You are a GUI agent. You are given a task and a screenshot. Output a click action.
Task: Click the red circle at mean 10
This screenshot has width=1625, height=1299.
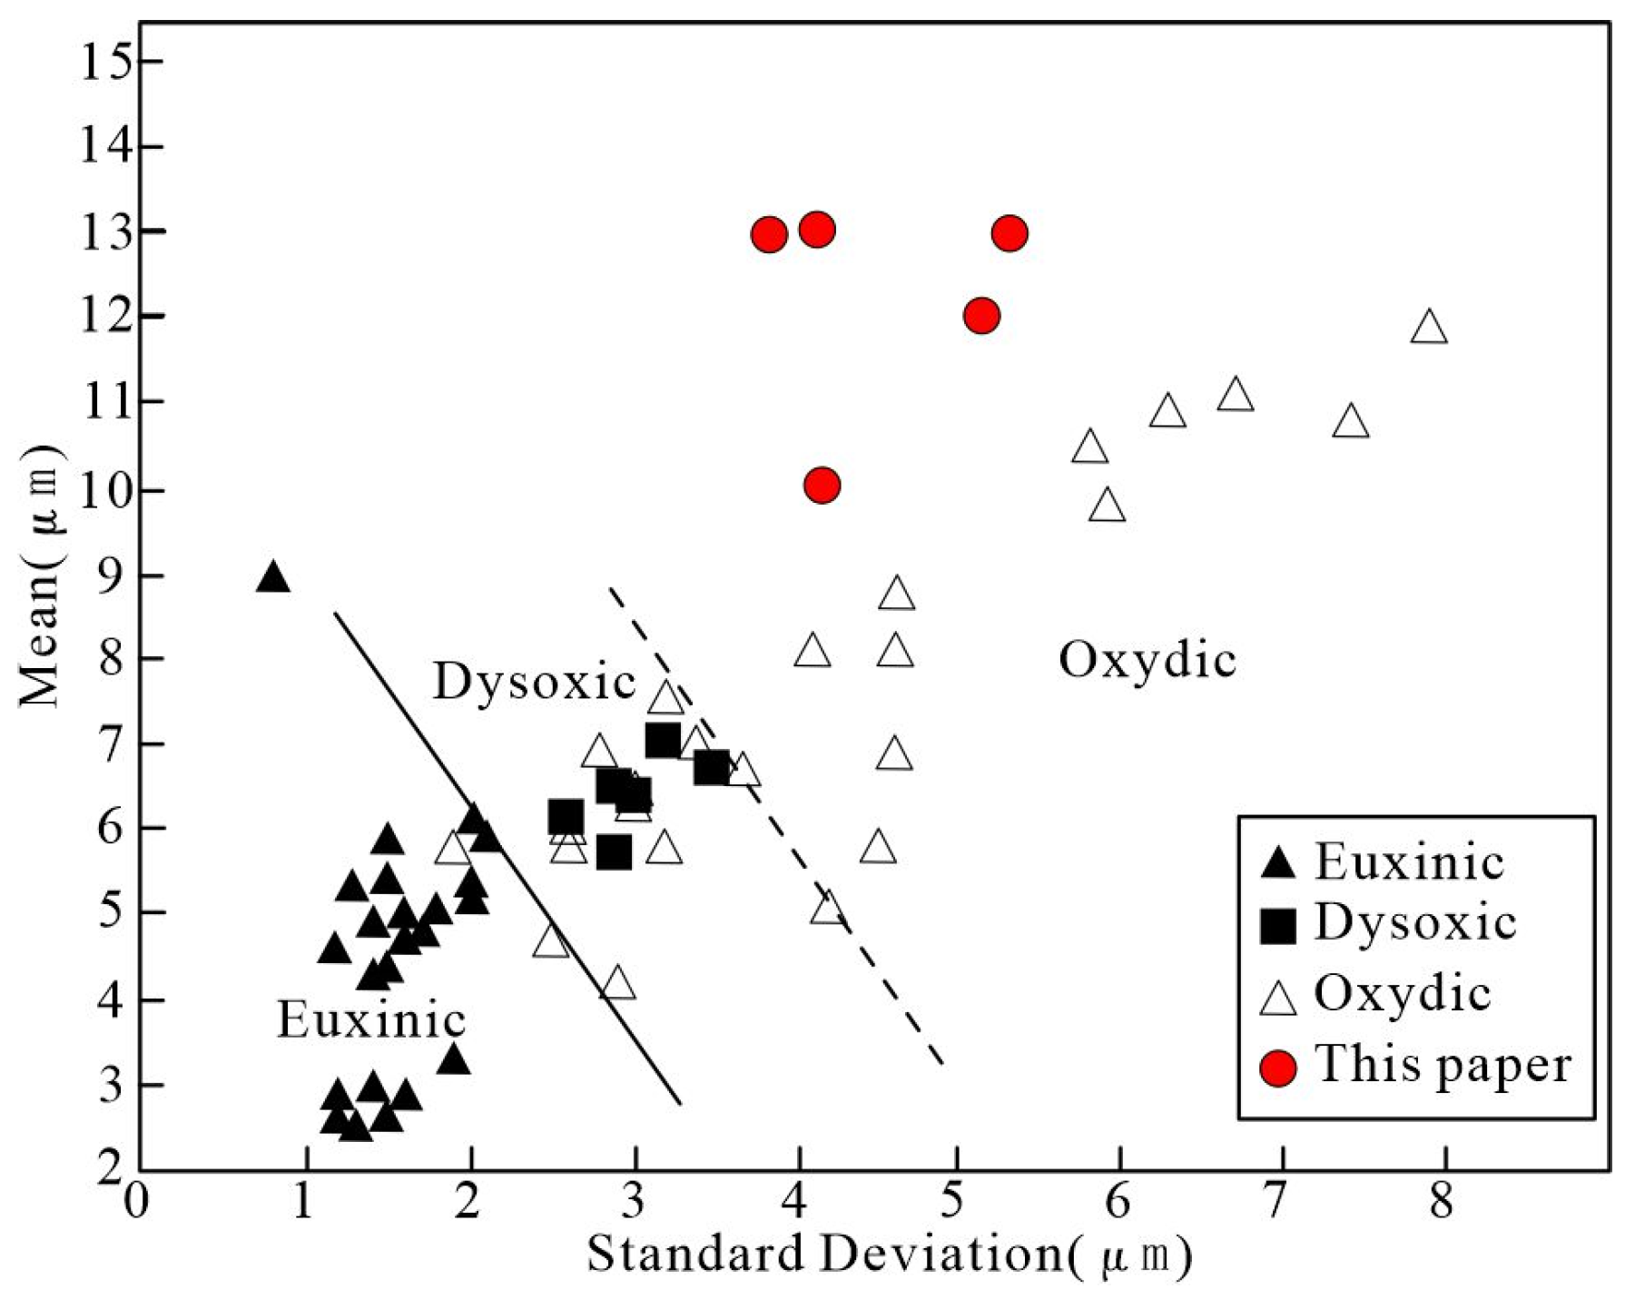822,486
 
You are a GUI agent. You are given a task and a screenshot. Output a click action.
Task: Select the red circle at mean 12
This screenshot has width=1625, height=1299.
981,316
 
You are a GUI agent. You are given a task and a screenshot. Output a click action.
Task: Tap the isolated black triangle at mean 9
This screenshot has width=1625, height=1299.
272,577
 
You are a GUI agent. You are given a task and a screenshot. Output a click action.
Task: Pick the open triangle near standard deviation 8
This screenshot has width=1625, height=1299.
1429,327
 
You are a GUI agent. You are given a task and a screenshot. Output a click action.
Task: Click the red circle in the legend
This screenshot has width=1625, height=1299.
1279,1068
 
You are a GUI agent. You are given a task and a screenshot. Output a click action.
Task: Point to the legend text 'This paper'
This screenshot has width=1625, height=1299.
1443,1064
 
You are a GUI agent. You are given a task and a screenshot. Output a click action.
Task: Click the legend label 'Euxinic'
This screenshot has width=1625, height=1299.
1409,861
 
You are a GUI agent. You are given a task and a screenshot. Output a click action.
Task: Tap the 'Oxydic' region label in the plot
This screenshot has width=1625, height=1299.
1147,660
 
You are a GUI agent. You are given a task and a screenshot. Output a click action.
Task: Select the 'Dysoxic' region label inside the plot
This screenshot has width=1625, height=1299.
534,681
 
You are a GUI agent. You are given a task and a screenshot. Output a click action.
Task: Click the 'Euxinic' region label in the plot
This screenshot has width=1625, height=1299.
371,1020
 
